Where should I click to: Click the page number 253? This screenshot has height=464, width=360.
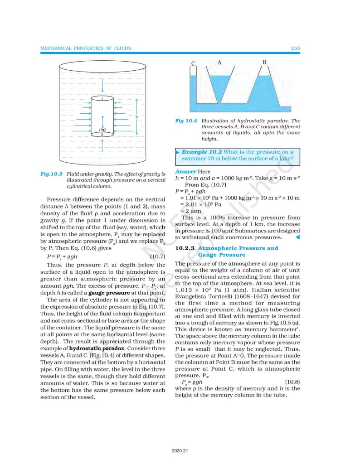pyautogui.click(x=295, y=48)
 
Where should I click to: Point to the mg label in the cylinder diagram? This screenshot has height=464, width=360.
pyautogui.click(x=102, y=130)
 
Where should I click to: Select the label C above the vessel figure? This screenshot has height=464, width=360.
pyautogui.click(x=193, y=63)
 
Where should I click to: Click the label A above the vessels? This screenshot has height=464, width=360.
pyautogui.click(x=219, y=62)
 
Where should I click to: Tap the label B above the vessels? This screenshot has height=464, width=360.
pyautogui.click(x=264, y=62)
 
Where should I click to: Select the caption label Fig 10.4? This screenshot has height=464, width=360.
pyautogui.click(x=186, y=121)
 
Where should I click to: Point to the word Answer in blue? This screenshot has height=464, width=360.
pyautogui.click(x=185, y=172)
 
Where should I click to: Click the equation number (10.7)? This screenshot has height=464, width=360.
pyautogui.click(x=157, y=256)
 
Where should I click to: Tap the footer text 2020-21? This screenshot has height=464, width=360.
pyautogui.click(x=180, y=451)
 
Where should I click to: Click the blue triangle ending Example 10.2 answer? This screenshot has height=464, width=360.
pyautogui.click(x=297, y=237)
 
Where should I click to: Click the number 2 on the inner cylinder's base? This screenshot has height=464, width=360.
pyautogui.click(x=102, y=135)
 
